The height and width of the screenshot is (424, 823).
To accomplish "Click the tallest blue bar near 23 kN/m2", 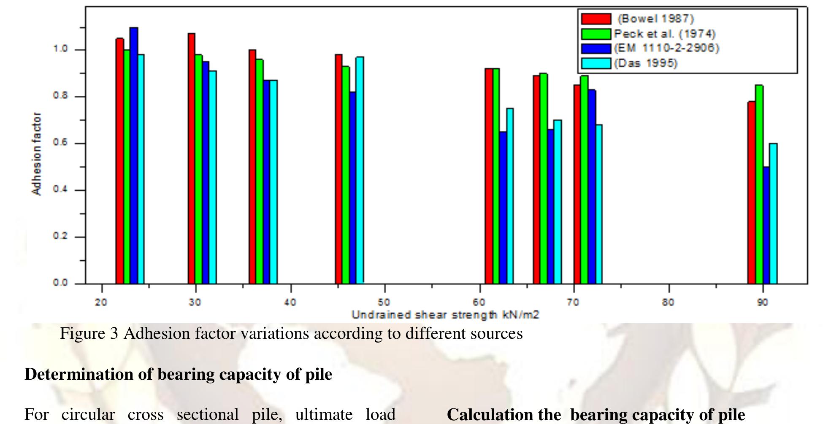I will click(x=134, y=156).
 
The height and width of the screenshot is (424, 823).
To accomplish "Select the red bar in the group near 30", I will click(x=191, y=158).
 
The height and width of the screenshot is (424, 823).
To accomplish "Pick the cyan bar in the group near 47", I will click(x=360, y=169).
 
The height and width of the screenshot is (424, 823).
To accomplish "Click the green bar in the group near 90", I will click(x=759, y=184).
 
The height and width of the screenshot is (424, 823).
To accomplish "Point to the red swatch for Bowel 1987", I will click(x=596, y=19).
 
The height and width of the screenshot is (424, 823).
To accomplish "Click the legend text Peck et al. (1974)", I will click(x=664, y=34).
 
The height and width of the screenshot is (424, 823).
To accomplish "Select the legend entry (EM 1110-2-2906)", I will click(x=666, y=48).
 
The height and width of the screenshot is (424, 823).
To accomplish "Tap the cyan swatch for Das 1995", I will click(x=596, y=63).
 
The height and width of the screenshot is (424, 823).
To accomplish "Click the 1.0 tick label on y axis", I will click(x=60, y=49).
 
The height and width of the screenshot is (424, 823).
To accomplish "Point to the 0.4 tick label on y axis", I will click(x=60, y=189).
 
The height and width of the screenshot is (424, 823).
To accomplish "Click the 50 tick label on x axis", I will click(x=384, y=302).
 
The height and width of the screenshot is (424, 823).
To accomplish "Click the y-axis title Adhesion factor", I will click(x=37, y=154).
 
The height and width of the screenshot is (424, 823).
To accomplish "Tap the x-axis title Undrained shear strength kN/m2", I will click(x=445, y=315).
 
